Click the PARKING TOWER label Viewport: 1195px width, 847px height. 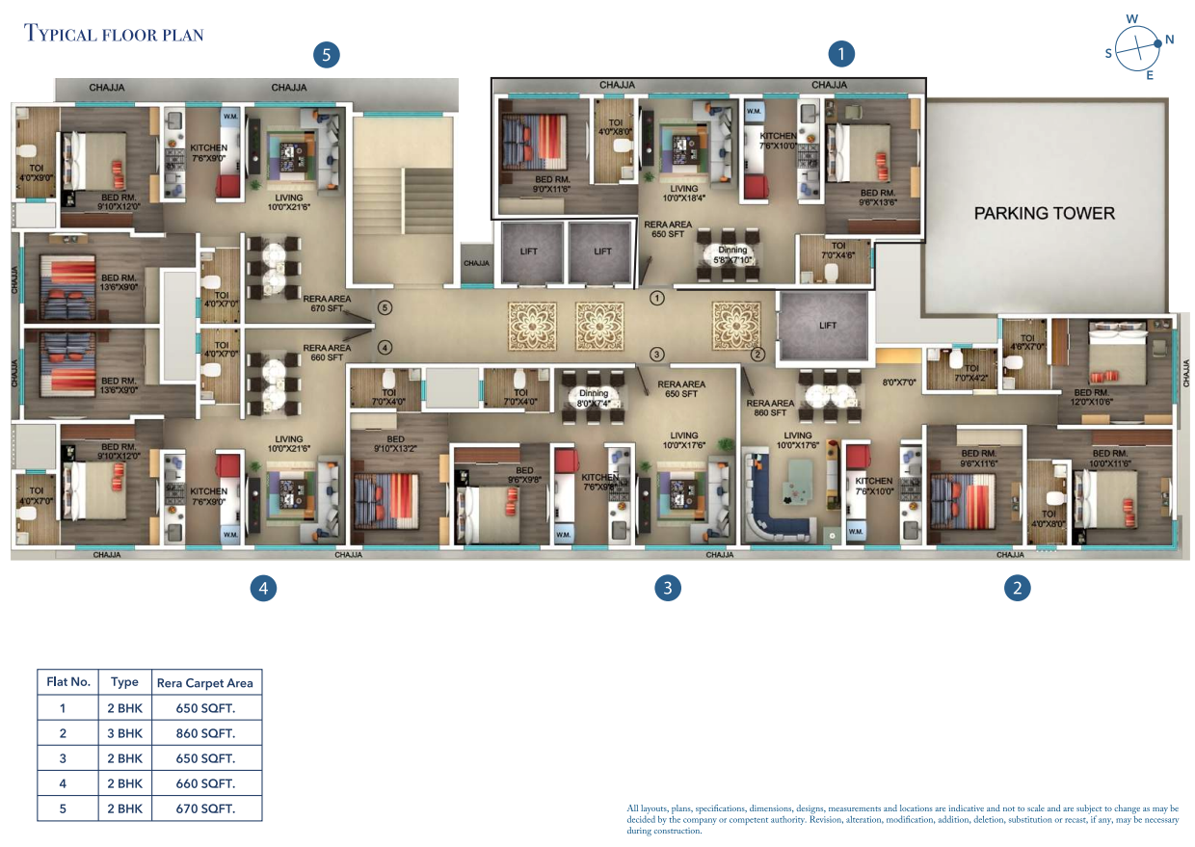(1044, 213)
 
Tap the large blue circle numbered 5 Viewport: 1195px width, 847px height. (327, 55)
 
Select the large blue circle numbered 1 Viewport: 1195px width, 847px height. (841, 54)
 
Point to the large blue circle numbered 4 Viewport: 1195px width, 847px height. (263, 588)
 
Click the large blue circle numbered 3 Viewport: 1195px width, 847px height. (667, 588)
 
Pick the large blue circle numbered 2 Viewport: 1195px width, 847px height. (1017, 587)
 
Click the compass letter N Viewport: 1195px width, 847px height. (1169, 40)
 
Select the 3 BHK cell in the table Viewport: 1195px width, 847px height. (124, 732)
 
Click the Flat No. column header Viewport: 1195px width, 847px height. (68, 681)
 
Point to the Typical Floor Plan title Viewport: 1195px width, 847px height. (114, 35)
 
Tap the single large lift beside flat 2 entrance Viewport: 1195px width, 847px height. (827, 326)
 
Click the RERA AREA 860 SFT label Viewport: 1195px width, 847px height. (771, 408)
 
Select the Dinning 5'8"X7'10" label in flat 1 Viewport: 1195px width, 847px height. (732, 255)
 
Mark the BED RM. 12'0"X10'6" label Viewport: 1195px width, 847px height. (1092, 398)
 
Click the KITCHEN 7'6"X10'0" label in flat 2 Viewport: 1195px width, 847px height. (874, 487)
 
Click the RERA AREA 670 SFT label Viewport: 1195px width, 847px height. (327, 304)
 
